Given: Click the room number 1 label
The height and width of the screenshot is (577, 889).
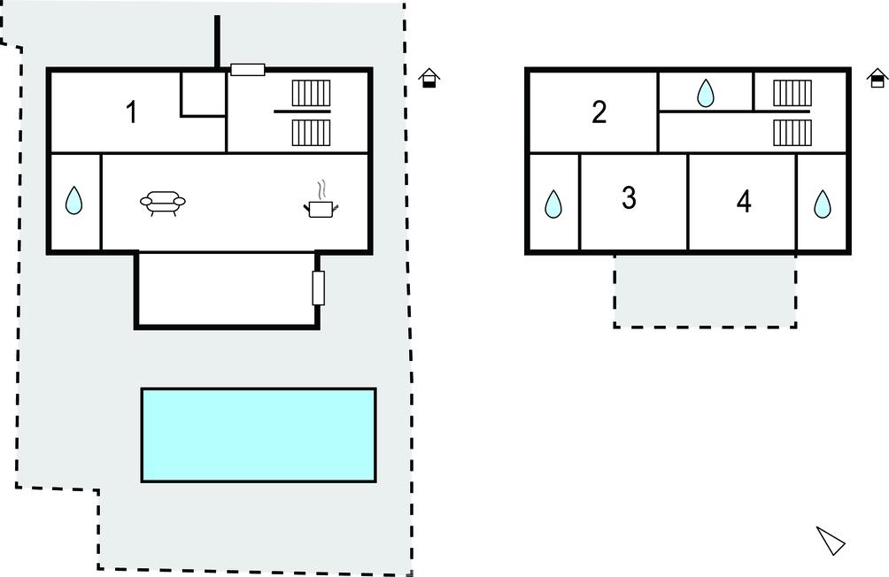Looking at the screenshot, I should [x=131, y=112].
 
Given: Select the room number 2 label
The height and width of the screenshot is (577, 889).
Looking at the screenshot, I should [x=599, y=112].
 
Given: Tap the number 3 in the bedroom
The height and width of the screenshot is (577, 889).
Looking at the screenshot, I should [x=629, y=198].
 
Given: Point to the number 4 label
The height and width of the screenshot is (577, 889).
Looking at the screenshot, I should [x=744, y=202].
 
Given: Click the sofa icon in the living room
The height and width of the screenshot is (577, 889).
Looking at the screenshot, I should [x=163, y=204].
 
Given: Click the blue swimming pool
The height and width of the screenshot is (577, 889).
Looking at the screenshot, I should [x=259, y=435].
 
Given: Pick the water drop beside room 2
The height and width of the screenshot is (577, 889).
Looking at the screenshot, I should [x=706, y=93].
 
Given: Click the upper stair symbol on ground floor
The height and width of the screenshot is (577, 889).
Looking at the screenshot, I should [x=311, y=93].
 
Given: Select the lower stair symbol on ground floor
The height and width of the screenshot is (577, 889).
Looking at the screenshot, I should [x=311, y=133].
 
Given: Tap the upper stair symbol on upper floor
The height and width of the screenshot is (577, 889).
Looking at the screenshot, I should [x=792, y=92].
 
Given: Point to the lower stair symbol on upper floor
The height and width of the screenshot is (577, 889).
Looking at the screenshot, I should [x=792, y=132].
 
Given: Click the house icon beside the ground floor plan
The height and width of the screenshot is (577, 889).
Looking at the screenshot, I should [x=429, y=78].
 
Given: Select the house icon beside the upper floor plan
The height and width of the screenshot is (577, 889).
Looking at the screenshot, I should [x=877, y=78].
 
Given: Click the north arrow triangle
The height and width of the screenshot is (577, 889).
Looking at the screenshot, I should [x=831, y=540].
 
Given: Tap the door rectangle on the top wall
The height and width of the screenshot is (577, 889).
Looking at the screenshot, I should [x=248, y=70].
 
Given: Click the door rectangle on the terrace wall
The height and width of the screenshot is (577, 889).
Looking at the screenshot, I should [x=319, y=288].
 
